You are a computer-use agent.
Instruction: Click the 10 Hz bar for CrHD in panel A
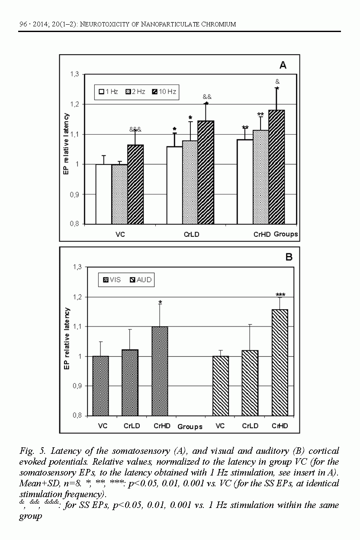276,167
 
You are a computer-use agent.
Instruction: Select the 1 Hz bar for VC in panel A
103,194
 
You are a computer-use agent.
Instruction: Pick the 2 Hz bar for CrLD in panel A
190,182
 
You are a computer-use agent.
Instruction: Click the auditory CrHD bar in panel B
280,362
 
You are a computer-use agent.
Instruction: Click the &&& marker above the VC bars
135,129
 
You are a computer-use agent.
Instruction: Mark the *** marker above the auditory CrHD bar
280,295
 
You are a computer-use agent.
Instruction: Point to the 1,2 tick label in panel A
75,104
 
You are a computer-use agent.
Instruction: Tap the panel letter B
289,257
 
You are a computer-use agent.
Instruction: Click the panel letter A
283,65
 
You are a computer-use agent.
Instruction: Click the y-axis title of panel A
66,149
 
